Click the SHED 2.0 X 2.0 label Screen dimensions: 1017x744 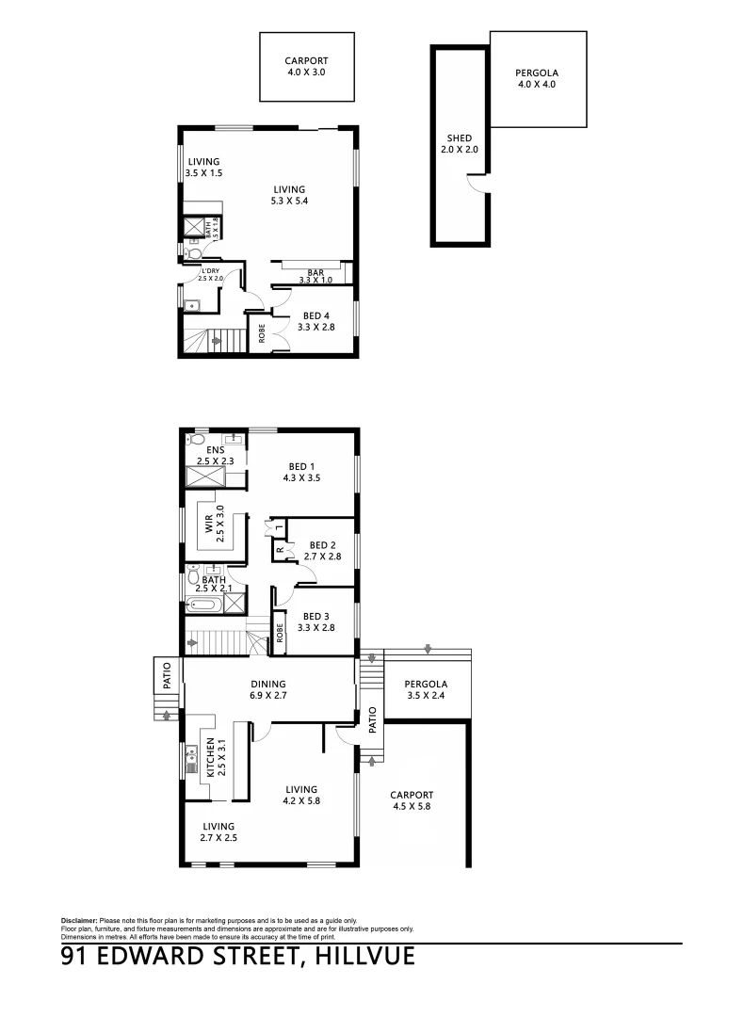pyautogui.click(x=460, y=144)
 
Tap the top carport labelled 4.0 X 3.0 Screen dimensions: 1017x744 pyautogui.click(x=306, y=66)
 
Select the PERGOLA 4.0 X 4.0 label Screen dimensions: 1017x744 pyautogui.click(x=538, y=78)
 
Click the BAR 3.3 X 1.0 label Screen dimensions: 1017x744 pyautogui.click(x=315, y=275)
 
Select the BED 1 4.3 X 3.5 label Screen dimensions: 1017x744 pyautogui.click(x=301, y=472)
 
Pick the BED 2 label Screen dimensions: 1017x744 pyautogui.click(x=322, y=551)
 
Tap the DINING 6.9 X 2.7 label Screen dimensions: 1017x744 pyautogui.click(x=267, y=691)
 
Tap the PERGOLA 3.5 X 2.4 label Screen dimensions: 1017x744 pyautogui.click(x=425, y=690)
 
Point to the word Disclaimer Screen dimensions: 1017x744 pyautogui.click(x=80, y=920)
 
